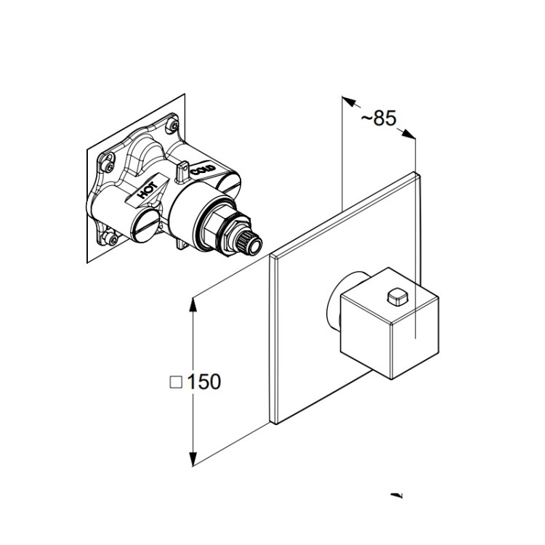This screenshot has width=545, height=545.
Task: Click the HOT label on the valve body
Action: pyautogui.click(x=148, y=189)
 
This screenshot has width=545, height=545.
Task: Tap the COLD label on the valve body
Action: pyautogui.click(x=203, y=170)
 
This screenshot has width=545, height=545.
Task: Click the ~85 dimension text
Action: pyautogui.click(x=379, y=118)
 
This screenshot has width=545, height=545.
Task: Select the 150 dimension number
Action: pyautogui.click(x=204, y=381)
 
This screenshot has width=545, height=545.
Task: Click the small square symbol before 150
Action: pyautogui.click(x=176, y=382)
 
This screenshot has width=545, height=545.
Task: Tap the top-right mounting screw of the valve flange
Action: pyautogui.click(x=173, y=124)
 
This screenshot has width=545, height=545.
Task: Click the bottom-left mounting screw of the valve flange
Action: pyautogui.click(x=112, y=238)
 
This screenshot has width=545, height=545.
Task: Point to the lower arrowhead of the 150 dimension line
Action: pyautogui.click(x=193, y=459)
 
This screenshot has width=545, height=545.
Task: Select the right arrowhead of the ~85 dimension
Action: pyautogui.click(x=408, y=134)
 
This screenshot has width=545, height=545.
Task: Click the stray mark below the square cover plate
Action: pyautogui.click(x=397, y=495)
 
